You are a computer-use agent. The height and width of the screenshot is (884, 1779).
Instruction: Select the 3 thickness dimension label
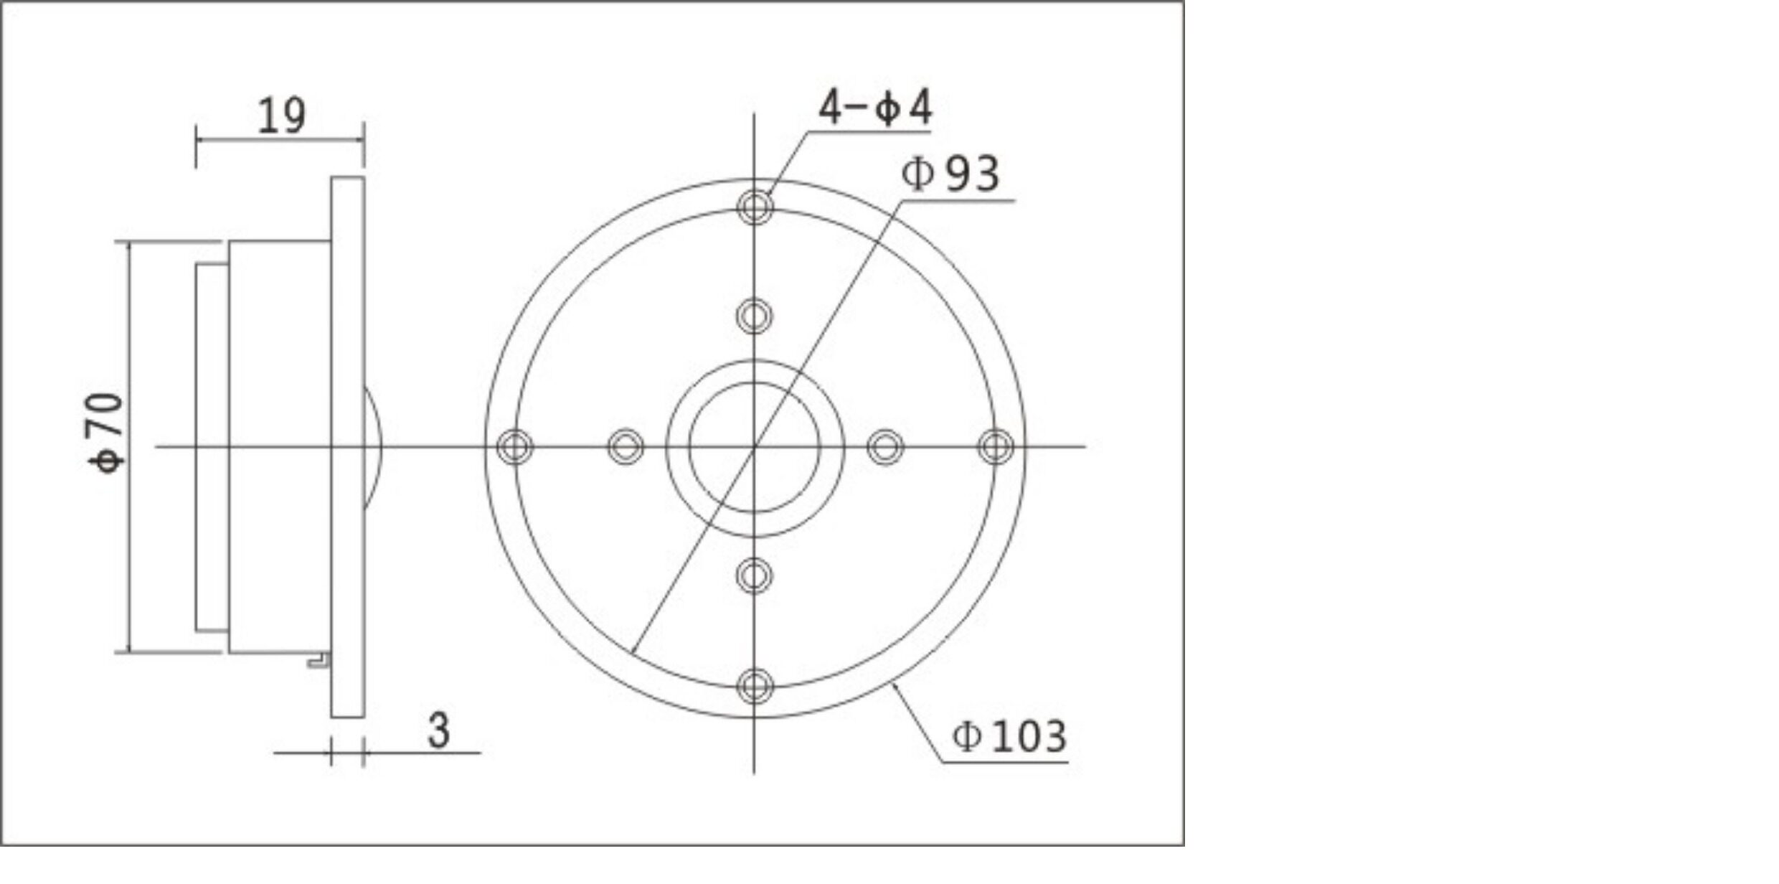click(439, 730)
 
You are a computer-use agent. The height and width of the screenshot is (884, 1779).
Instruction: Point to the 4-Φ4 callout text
click(875, 108)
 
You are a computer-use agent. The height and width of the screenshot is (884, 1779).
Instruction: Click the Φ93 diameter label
click(950, 173)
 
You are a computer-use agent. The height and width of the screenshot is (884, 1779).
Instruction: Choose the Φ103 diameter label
click(1009, 736)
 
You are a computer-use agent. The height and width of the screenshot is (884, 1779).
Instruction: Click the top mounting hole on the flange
click(755, 207)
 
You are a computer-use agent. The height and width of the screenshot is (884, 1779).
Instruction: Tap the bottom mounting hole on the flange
click(755, 686)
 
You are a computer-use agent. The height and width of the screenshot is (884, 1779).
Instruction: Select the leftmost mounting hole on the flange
click(515, 446)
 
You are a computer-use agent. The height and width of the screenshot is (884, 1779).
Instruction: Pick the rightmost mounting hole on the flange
click(996, 446)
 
